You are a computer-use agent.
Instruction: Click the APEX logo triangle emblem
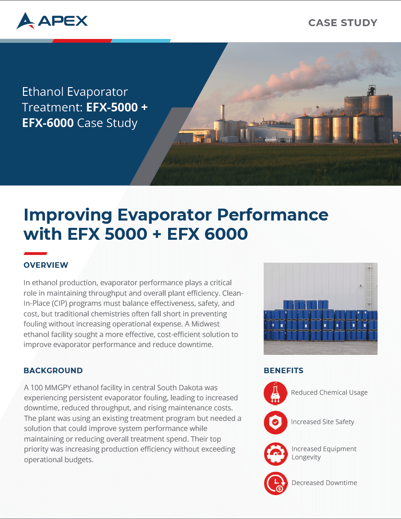click(25, 21)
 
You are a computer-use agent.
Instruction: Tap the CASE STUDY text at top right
click(343, 22)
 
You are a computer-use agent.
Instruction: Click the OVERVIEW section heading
click(46, 265)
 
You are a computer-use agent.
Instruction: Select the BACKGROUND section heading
click(53, 370)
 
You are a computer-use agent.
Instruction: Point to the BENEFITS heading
click(283, 370)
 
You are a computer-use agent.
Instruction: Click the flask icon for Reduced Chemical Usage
click(275, 393)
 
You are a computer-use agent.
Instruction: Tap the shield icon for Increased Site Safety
click(275, 422)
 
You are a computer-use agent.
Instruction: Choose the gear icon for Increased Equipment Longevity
click(276, 454)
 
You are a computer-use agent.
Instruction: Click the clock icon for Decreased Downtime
click(276, 483)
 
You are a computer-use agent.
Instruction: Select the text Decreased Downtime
click(324, 483)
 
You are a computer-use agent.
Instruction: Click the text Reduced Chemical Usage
click(329, 392)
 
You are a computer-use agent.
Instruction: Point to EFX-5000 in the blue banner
click(112, 107)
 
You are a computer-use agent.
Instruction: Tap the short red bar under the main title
click(35, 254)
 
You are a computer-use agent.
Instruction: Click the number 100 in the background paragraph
click(36, 387)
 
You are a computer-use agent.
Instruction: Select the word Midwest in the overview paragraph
click(205, 324)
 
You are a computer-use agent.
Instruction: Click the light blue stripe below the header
click(141, 41)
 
